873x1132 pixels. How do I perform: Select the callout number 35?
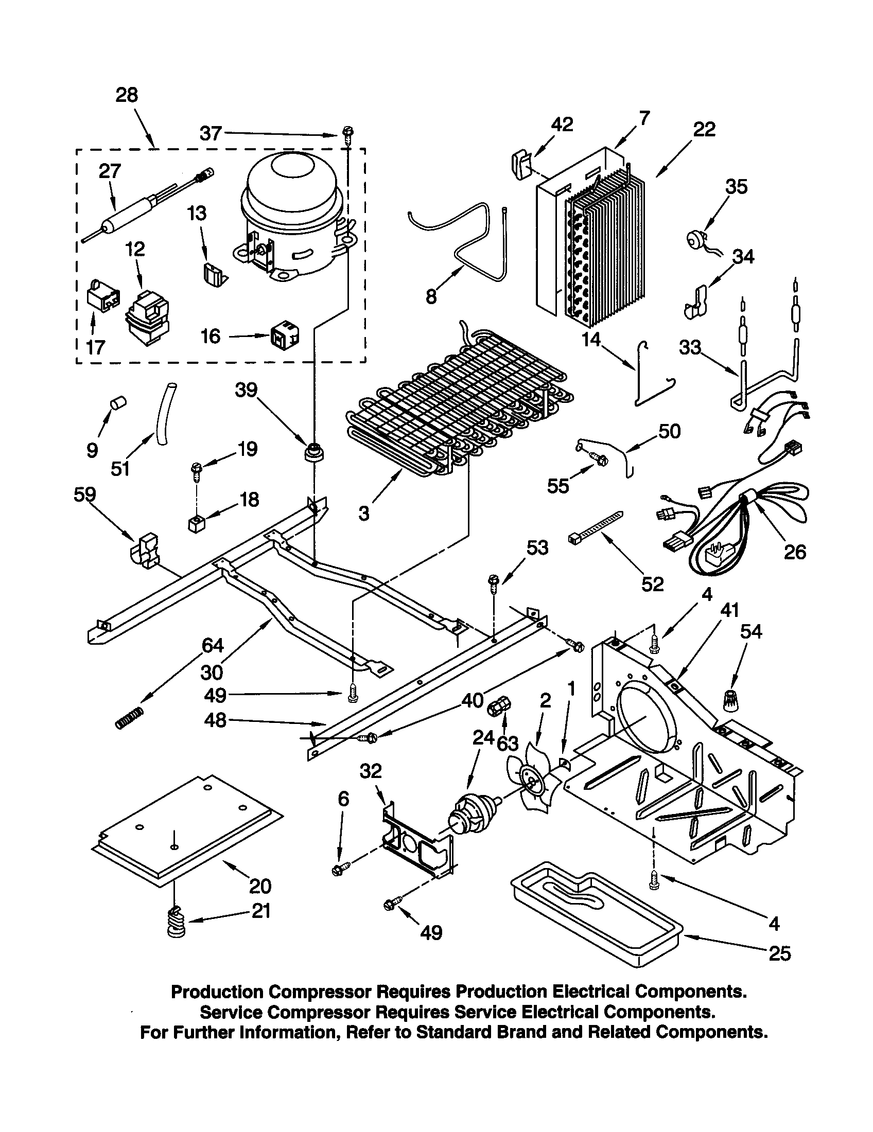pos(736,186)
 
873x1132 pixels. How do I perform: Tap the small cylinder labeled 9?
pos(120,402)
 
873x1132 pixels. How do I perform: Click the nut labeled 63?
pos(499,706)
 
